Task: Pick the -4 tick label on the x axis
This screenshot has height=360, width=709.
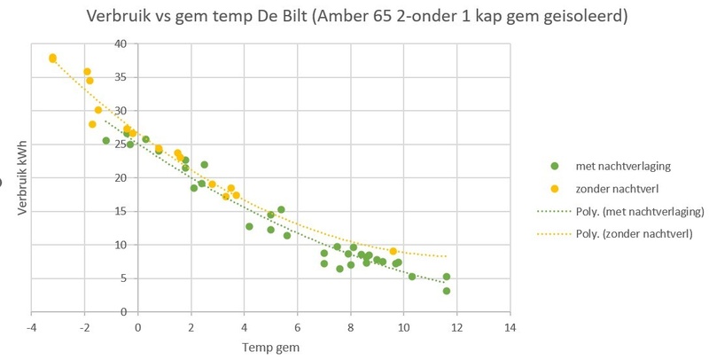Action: tap(32, 326)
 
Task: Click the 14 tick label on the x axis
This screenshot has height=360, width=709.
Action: tap(509, 326)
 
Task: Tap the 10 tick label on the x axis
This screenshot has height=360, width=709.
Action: tap(403, 326)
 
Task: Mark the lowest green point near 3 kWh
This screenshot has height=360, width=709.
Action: tap(447, 291)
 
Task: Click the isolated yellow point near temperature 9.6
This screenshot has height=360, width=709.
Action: tap(393, 251)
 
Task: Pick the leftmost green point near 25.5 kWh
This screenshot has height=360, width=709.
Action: tap(106, 140)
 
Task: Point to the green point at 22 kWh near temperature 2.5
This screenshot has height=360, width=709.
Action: tap(205, 164)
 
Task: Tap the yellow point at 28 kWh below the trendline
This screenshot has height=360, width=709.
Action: tap(92, 124)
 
